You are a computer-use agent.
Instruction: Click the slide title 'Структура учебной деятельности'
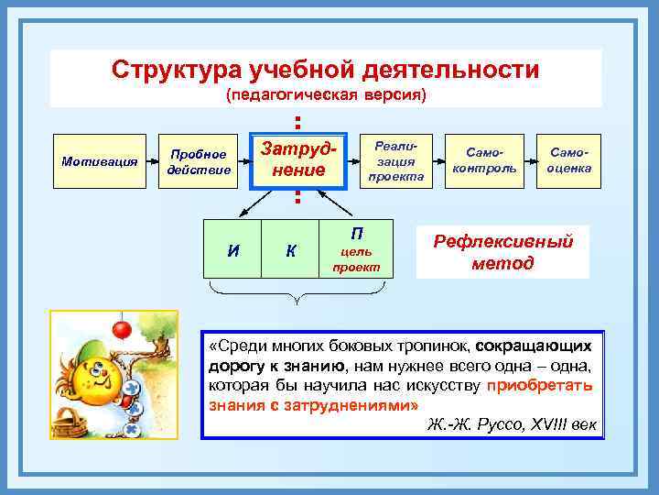point(325,70)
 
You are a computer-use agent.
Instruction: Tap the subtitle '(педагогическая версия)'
point(326,94)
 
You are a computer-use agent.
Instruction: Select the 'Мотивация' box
point(99,161)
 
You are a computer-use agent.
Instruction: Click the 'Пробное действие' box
point(198,161)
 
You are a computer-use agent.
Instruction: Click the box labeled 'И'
point(233,248)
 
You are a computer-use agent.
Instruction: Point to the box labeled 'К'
point(290,248)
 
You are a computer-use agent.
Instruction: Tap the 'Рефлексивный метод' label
point(502,251)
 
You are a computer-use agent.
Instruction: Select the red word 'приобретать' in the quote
point(540,385)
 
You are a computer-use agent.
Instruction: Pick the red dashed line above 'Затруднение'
point(297,122)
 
